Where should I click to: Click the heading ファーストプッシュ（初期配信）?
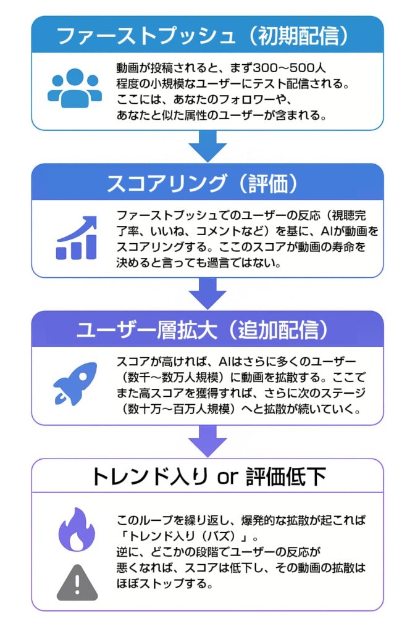pos(207,35)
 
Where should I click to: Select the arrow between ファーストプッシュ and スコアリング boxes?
pos(207,146)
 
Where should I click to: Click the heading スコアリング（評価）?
pos(207,183)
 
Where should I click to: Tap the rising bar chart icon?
pos(77,238)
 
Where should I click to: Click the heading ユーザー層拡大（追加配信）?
pos(207,330)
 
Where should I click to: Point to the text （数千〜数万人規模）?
pos(169,376)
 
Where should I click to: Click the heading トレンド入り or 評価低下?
pos(207,476)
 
